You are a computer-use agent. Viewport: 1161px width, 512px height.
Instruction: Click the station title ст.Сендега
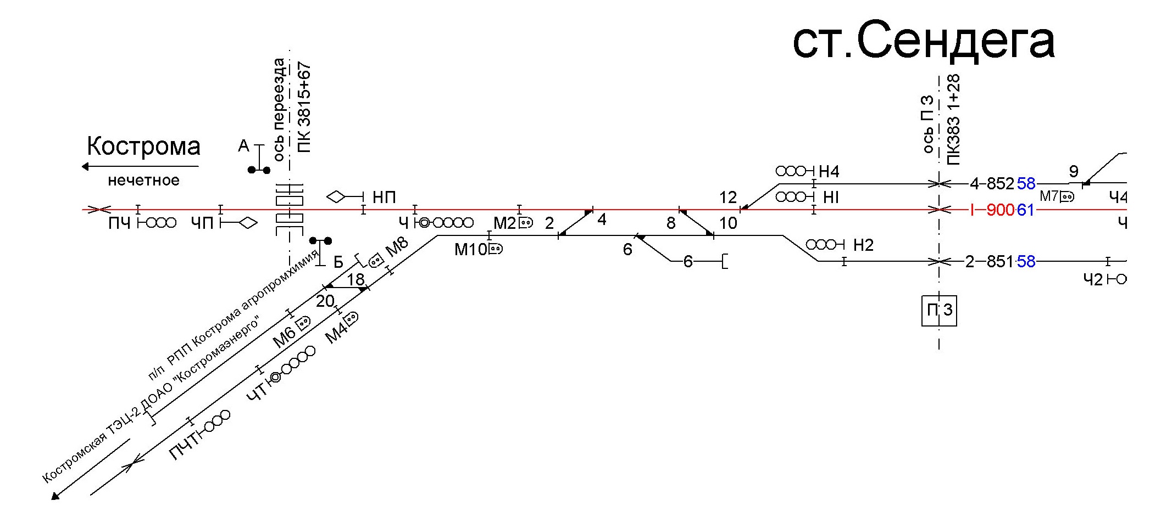pos(923,40)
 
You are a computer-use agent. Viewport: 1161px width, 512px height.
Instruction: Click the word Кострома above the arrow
pos(143,147)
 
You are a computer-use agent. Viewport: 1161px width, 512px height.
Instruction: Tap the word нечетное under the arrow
pos(143,181)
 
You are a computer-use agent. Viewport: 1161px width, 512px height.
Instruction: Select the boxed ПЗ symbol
pos(939,311)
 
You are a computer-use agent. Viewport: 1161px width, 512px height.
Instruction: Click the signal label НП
pos(384,198)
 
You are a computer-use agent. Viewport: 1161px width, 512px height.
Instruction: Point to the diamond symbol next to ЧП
pos(248,223)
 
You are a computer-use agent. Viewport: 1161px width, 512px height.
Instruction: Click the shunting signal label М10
pos(470,250)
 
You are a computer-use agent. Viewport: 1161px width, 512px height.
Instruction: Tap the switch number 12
pos(727,198)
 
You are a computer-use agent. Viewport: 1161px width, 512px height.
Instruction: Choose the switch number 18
pos(355,279)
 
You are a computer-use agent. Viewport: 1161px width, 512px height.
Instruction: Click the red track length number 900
pos(1001,210)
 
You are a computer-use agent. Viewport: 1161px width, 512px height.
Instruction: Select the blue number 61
pos(1026,210)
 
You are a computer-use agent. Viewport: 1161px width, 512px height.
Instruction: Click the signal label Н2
pos(863,245)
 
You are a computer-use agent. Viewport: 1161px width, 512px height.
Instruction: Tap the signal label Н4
pos(829,172)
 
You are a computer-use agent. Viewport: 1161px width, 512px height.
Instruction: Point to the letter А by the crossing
pos(243,146)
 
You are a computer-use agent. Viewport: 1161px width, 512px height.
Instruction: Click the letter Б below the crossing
pos(338,262)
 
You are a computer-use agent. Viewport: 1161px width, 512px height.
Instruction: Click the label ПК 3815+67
pos(304,108)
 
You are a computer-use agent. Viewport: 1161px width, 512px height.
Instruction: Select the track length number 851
pos(1001,262)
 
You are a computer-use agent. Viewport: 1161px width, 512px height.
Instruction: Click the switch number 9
pos(1074,172)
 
